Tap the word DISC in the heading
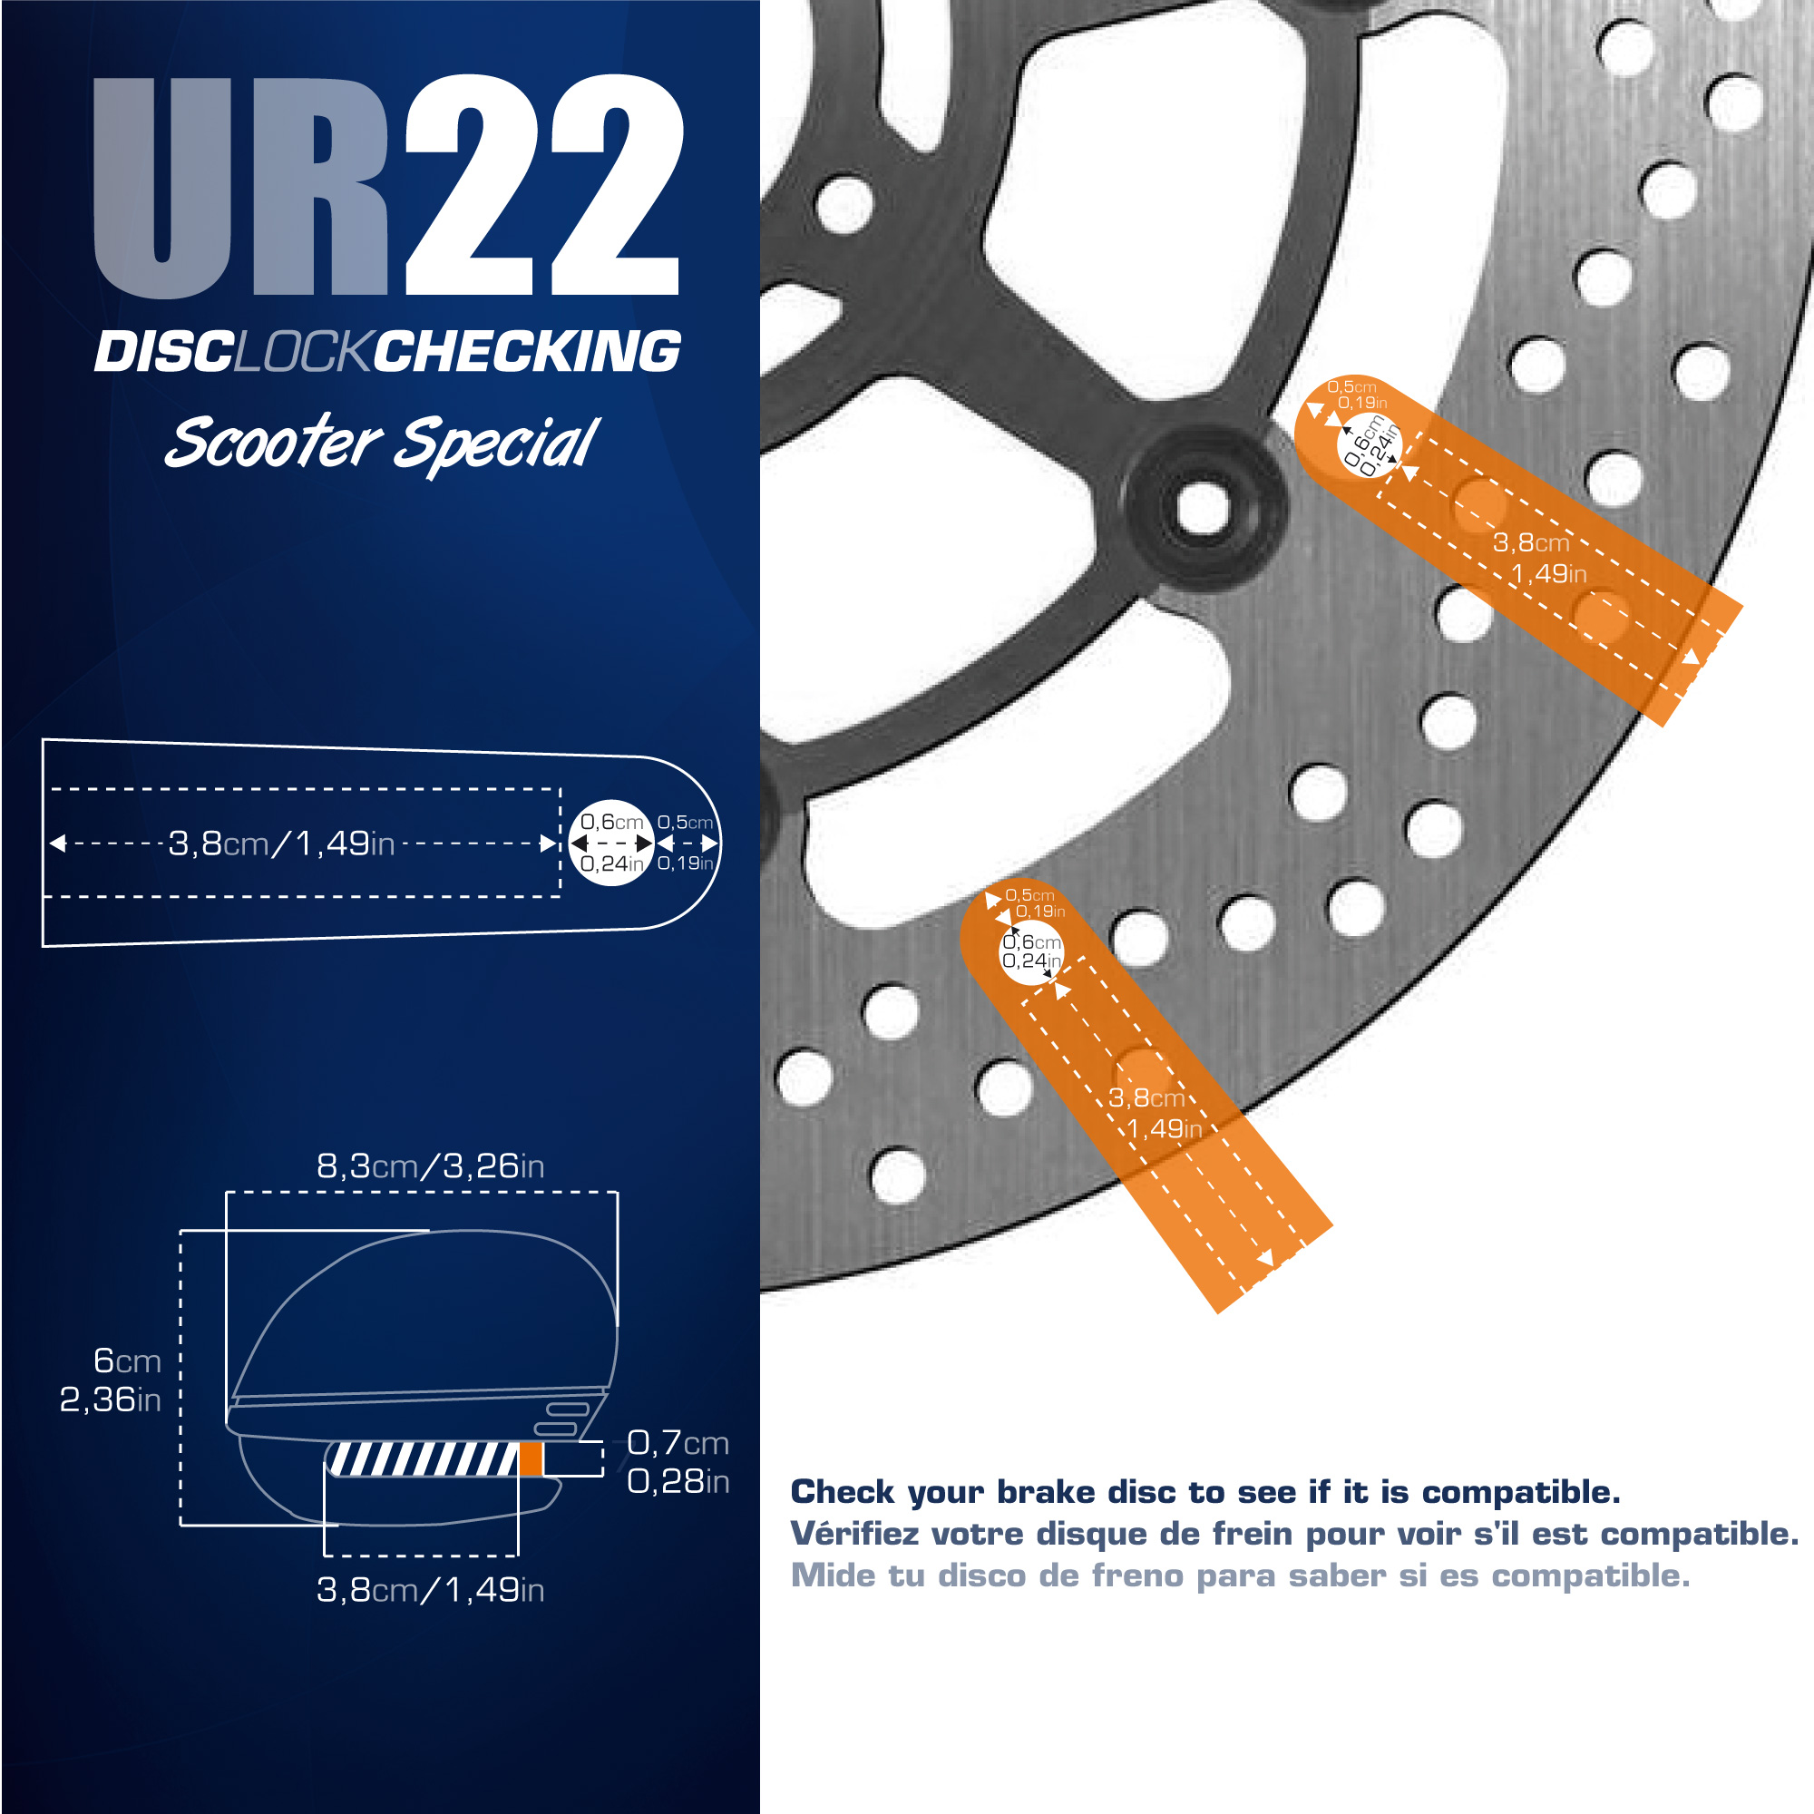[164, 352]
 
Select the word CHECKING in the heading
[528, 352]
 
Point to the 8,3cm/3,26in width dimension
[430, 1166]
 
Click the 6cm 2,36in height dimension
[111, 1380]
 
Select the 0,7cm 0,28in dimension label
[678, 1462]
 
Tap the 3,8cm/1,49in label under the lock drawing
[430, 1590]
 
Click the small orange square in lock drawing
[532, 1459]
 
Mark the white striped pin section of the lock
[422, 1459]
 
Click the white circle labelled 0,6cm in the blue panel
[611, 843]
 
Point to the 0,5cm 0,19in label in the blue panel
[686, 843]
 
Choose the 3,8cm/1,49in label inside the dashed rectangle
[281, 844]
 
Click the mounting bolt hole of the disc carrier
[1203, 508]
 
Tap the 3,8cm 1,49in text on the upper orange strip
[1539, 558]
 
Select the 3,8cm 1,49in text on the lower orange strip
[1154, 1113]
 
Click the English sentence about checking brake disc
[1205, 1492]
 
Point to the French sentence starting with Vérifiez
[1295, 1535]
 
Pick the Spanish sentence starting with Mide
[1240, 1575]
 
